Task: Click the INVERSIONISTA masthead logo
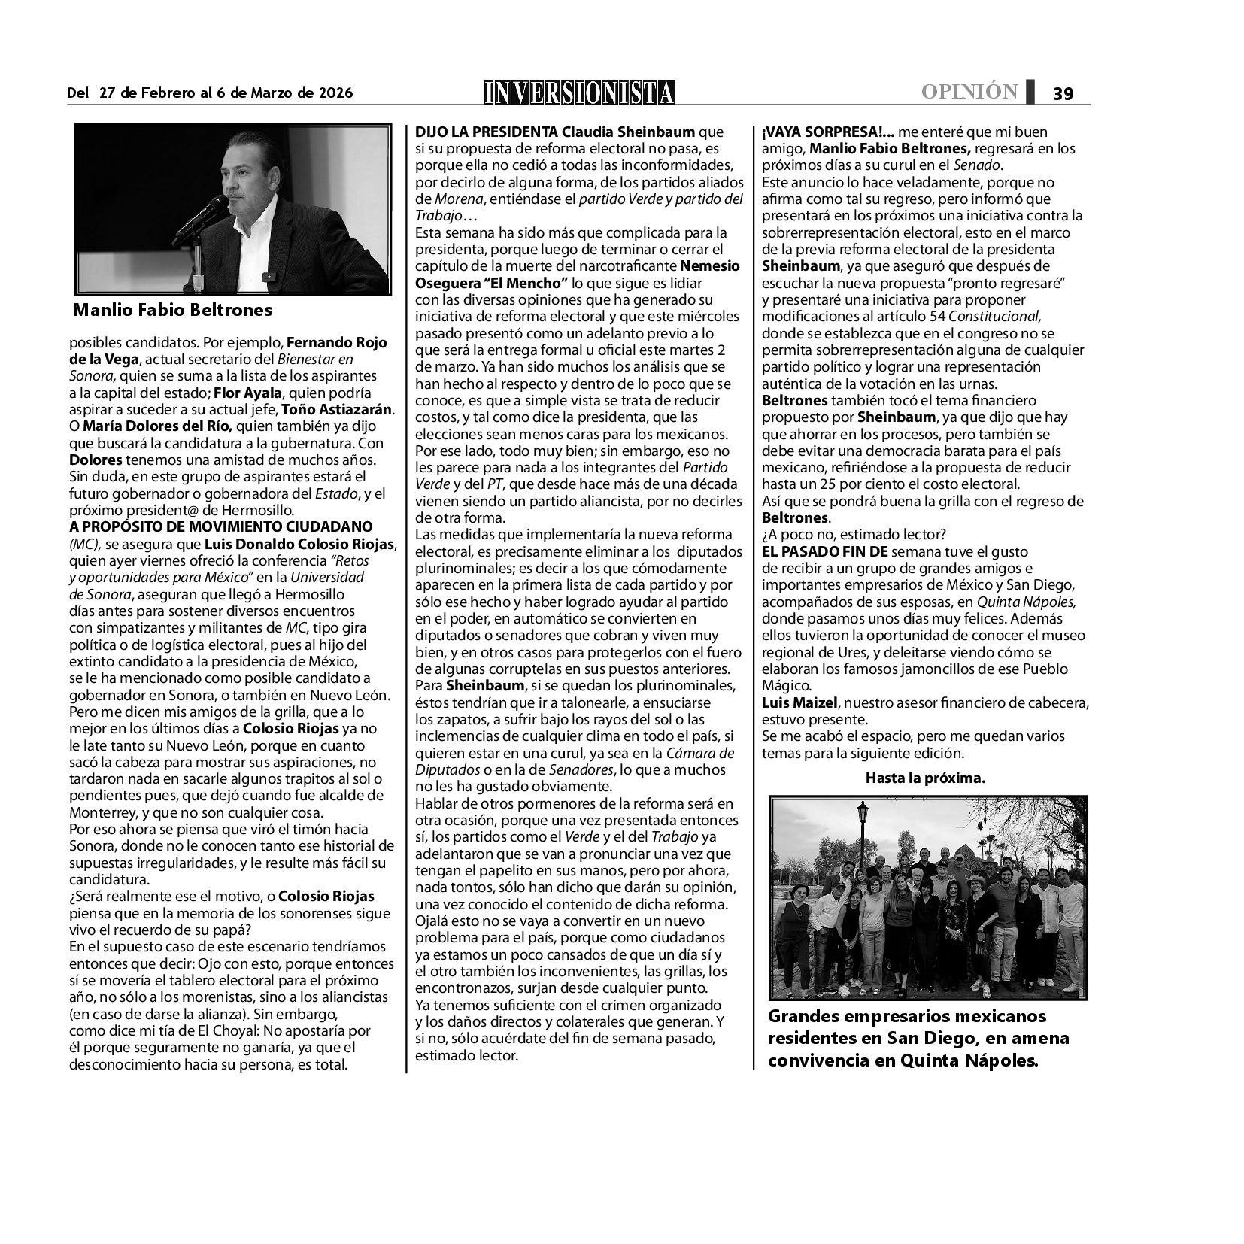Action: click(x=579, y=92)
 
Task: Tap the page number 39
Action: click(x=1063, y=93)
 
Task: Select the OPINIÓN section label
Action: click(x=969, y=92)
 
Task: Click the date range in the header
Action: click(x=210, y=93)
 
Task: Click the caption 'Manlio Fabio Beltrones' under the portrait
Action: click(x=173, y=310)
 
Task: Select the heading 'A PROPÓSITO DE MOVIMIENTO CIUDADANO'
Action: click(x=220, y=526)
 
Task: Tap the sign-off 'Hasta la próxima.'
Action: click(x=924, y=778)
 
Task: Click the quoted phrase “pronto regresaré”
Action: click(x=1009, y=283)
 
